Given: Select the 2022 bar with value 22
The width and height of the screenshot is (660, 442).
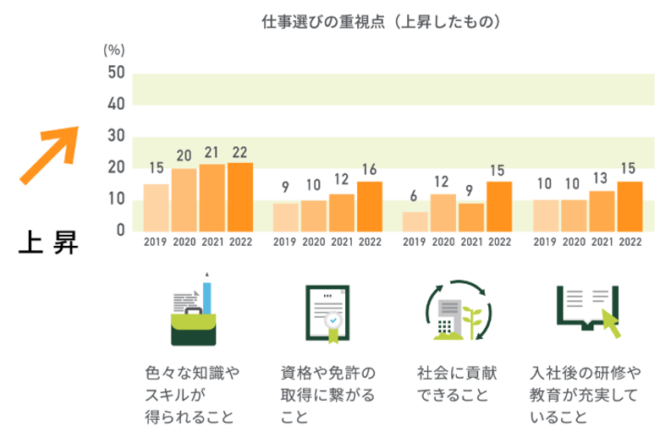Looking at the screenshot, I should (240, 196).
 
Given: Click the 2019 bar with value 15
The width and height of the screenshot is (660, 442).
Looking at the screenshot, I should (156, 207).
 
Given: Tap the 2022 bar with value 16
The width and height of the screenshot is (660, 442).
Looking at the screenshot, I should (370, 205).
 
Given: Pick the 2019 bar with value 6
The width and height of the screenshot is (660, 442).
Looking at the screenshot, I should (415, 221).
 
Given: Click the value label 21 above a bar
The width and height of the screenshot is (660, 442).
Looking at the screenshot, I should (212, 153).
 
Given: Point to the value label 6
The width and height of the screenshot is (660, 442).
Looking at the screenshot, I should (415, 196).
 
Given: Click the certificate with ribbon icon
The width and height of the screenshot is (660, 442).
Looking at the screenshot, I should (326, 311).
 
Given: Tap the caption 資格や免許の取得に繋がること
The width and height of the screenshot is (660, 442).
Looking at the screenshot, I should (327, 395).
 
